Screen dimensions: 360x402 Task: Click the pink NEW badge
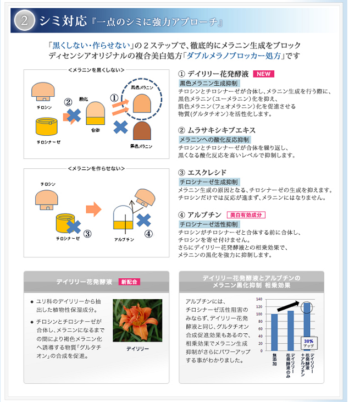(263, 74)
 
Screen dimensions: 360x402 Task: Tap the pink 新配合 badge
(129, 282)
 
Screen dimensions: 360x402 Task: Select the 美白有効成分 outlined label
(246, 215)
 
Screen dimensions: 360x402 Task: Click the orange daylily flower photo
(137, 320)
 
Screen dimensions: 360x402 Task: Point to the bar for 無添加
(274, 332)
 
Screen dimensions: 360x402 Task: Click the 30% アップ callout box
(309, 343)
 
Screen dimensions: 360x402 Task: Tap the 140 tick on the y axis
(259, 299)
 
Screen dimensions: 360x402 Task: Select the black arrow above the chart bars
(288, 306)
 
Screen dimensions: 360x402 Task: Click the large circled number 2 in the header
(24, 20)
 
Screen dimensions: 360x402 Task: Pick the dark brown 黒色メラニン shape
(142, 131)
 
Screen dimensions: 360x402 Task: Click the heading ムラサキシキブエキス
(221, 130)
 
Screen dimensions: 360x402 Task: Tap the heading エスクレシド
(207, 173)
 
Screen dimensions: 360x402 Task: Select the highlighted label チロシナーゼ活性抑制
(209, 224)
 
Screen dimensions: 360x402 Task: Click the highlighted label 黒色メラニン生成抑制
(209, 84)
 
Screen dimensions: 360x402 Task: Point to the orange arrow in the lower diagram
(93, 209)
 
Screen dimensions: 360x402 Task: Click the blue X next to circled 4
(144, 220)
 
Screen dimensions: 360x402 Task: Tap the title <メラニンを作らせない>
(96, 168)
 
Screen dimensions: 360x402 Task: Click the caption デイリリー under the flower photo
(137, 349)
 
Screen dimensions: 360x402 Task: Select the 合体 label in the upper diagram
(95, 130)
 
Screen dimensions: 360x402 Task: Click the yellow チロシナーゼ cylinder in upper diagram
(47, 126)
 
